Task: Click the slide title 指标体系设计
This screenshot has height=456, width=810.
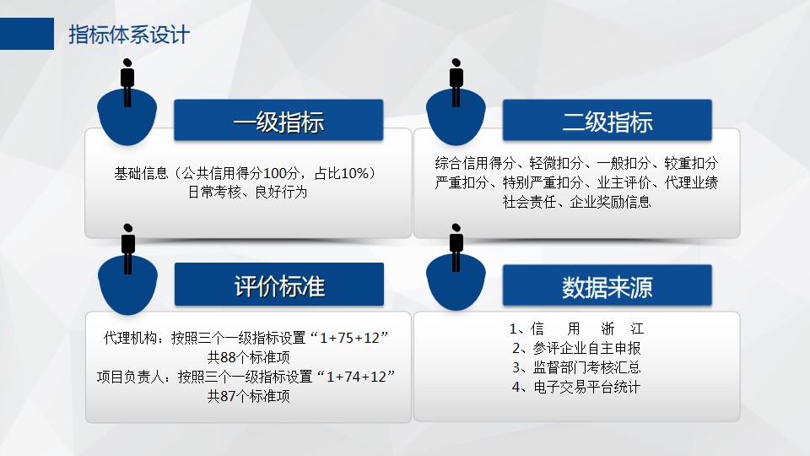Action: tap(129, 35)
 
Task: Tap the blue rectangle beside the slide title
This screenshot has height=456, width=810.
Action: tap(27, 34)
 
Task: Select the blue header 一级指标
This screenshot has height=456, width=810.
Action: tap(278, 120)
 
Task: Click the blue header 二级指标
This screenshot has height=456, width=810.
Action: tap(607, 120)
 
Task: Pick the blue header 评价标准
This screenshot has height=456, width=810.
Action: tap(279, 285)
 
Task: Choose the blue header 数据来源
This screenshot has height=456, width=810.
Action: tap(607, 285)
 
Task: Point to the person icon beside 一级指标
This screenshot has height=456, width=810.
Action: tap(127, 83)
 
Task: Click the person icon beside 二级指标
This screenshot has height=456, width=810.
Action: tap(456, 83)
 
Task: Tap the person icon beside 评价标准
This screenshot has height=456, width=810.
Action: tap(128, 248)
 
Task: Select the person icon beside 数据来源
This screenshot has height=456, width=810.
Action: tap(456, 247)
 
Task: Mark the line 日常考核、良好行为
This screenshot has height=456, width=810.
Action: tap(247, 193)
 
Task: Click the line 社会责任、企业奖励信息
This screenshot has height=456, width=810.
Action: tap(576, 202)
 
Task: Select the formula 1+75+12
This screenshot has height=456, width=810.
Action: tap(349, 338)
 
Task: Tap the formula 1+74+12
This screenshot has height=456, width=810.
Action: tap(356, 377)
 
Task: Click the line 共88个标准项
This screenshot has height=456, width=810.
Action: tap(248, 357)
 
